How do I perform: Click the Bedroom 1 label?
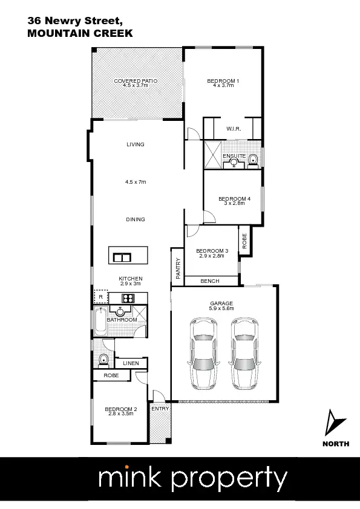coord(223,82)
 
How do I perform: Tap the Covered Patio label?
coord(136,82)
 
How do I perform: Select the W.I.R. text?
coord(234,129)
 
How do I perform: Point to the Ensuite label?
coord(234,156)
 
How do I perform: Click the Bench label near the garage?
coord(210,281)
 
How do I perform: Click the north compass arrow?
coord(334,423)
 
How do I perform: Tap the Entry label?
coord(160,409)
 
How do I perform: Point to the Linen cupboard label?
coord(131,363)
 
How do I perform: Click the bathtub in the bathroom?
coord(100,322)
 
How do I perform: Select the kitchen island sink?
coord(122,258)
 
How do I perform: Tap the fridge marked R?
coord(100,297)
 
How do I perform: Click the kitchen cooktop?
coord(128,297)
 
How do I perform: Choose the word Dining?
coord(136,219)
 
